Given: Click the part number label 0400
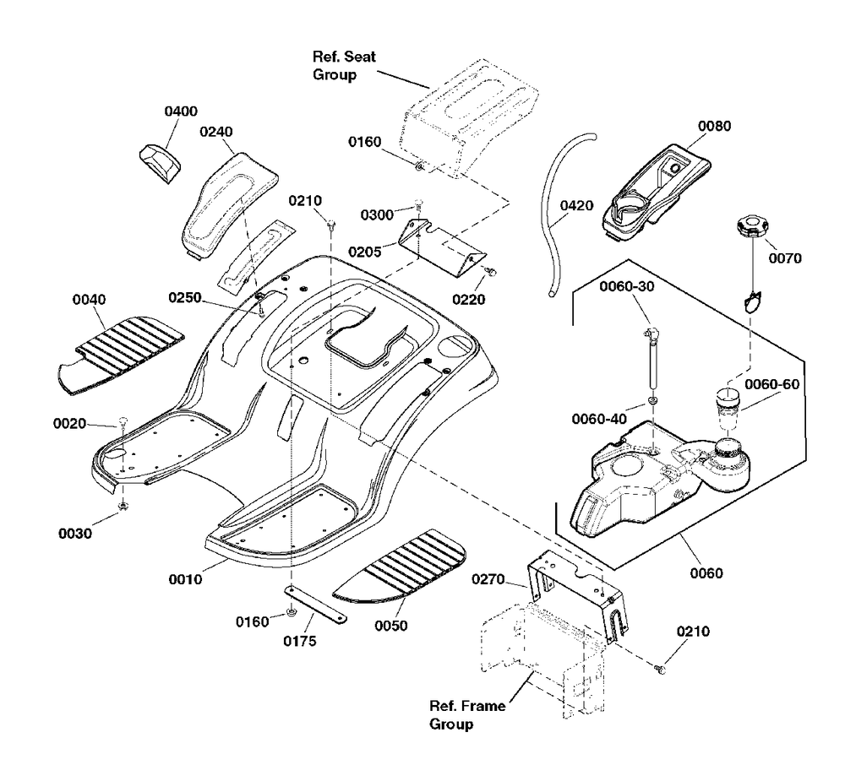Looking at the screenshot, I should click(181, 111).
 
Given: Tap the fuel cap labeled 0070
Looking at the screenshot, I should click(750, 226).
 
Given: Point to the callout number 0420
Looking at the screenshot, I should click(577, 205).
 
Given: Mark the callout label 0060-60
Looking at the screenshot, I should click(771, 384).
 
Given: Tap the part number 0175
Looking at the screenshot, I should click(300, 641).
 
